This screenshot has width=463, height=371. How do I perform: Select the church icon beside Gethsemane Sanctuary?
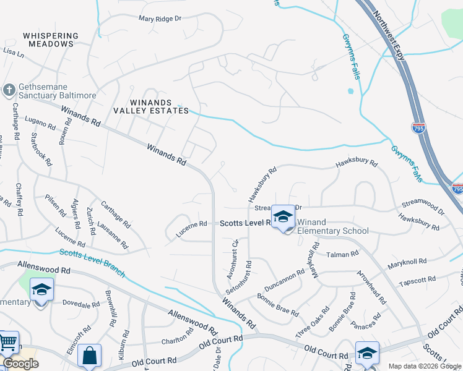point(9,90)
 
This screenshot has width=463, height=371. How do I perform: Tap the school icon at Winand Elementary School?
point(283,217)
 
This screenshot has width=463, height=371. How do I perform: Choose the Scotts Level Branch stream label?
point(92,263)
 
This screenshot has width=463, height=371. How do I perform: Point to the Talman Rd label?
point(342,254)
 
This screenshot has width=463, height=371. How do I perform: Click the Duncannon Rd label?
point(284,280)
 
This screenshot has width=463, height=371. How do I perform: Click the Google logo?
point(20,364)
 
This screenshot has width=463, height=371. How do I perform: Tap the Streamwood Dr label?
point(423,207)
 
